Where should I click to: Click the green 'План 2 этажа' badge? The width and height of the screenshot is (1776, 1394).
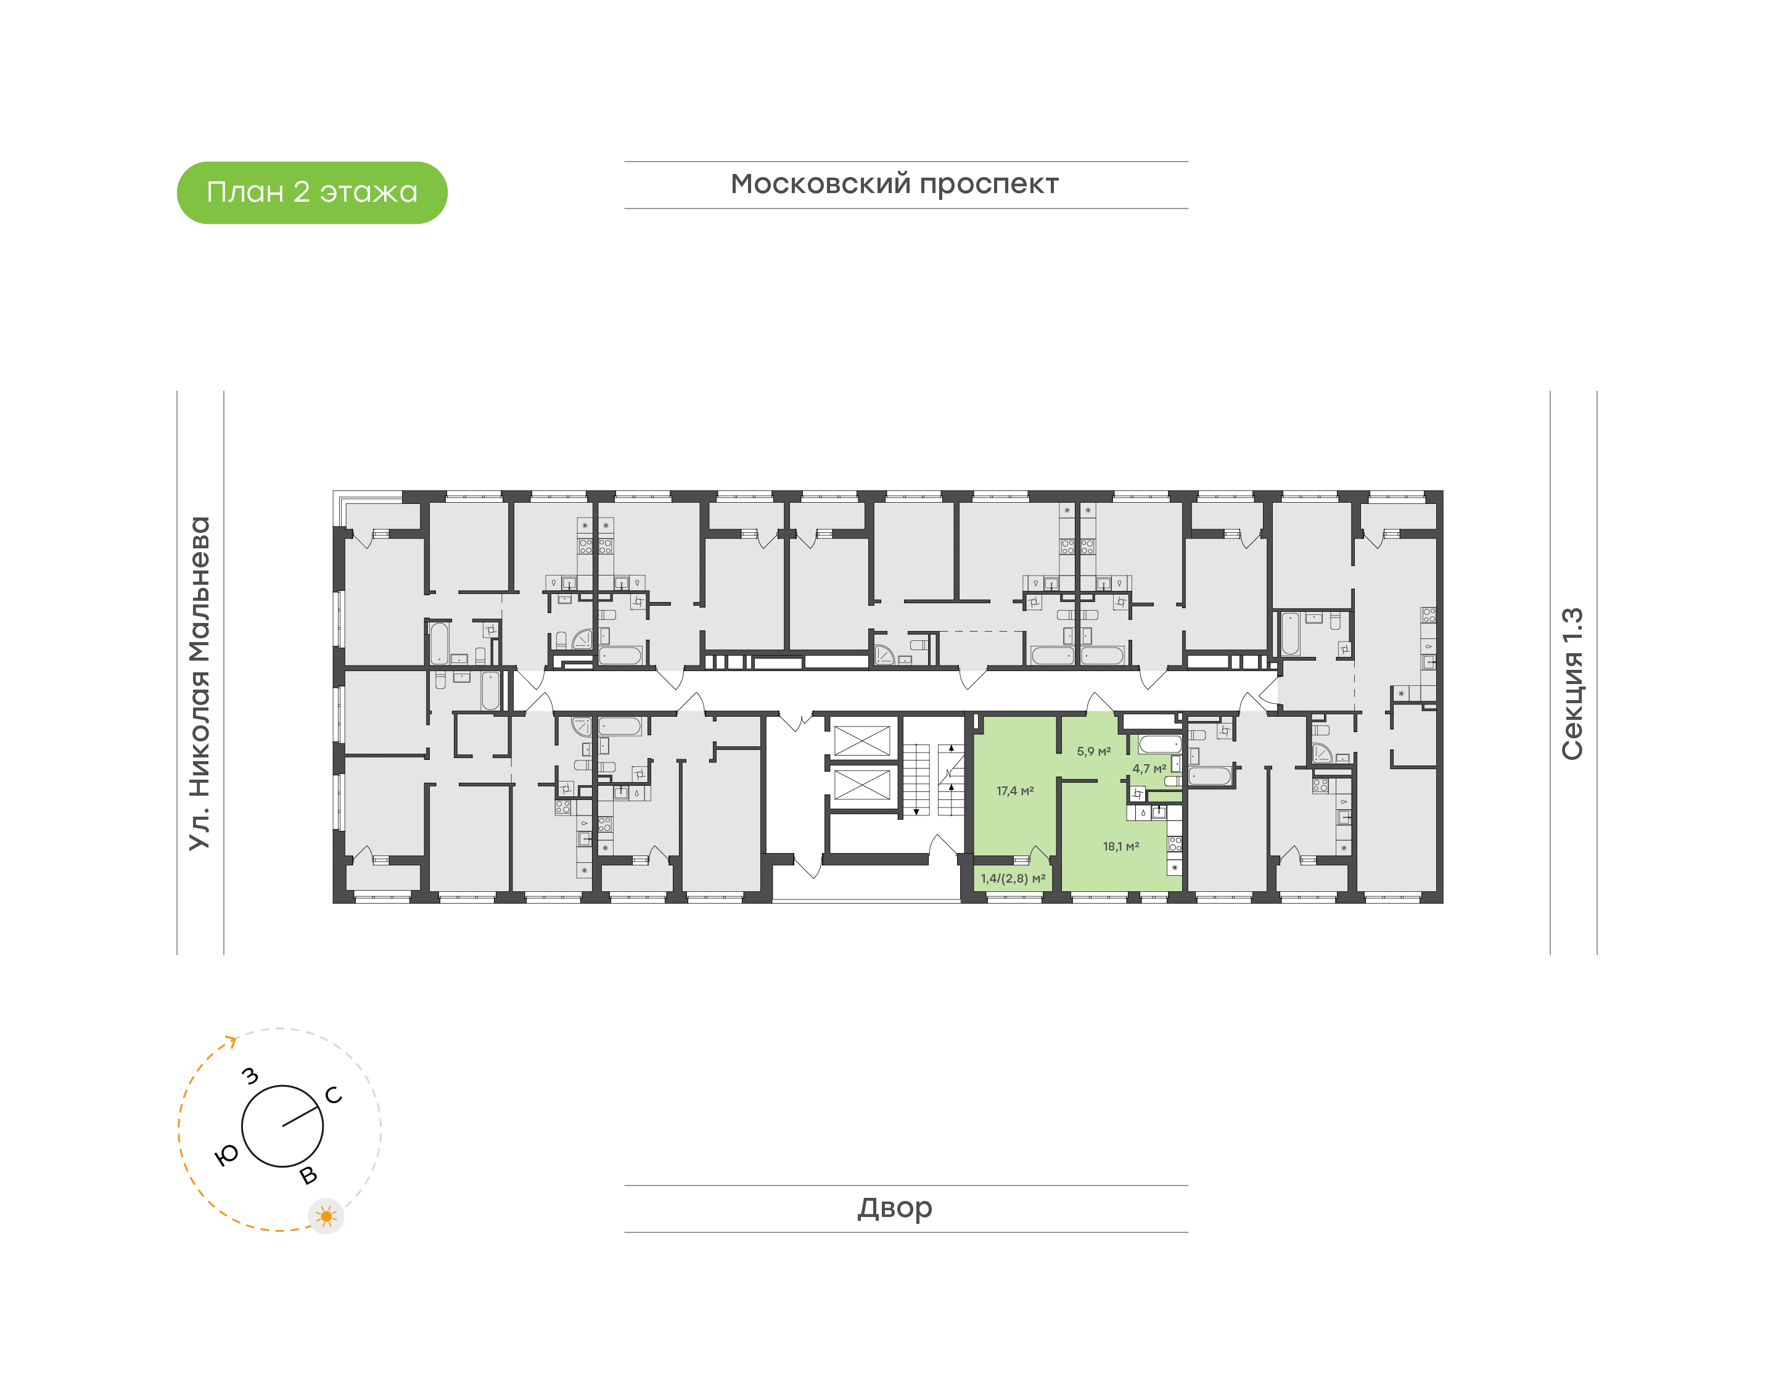coord(311,192)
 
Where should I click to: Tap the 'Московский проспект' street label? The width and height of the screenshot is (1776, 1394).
coord(894,184)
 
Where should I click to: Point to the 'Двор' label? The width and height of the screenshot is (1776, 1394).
coord(894,1208)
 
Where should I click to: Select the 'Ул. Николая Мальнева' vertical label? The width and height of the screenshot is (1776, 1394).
coord(200,683)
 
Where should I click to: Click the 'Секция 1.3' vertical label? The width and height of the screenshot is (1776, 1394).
coord(1572,684)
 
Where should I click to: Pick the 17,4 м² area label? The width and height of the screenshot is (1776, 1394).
coord(1015,791)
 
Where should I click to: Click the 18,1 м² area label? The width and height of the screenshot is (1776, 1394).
coord(1121,846)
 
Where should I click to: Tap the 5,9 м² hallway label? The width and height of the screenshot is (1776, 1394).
coord(1093,752)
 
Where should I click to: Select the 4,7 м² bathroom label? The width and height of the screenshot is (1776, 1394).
coord(1149,769)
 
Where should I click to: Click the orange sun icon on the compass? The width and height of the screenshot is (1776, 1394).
coord(326,1216)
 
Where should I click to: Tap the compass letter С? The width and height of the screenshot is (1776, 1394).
coord(334,1095)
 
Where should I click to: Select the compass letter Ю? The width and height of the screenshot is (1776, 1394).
coord(227,1154)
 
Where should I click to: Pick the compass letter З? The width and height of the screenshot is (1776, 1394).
coord(250,1076)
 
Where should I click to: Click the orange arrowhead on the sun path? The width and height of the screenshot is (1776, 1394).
coord(232,1041)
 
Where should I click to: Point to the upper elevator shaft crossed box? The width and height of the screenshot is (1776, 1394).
coord(862,741)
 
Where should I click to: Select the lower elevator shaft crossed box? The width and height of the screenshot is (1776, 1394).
coord(862,785)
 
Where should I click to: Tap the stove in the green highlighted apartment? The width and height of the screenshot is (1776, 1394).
coord(1175,844)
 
